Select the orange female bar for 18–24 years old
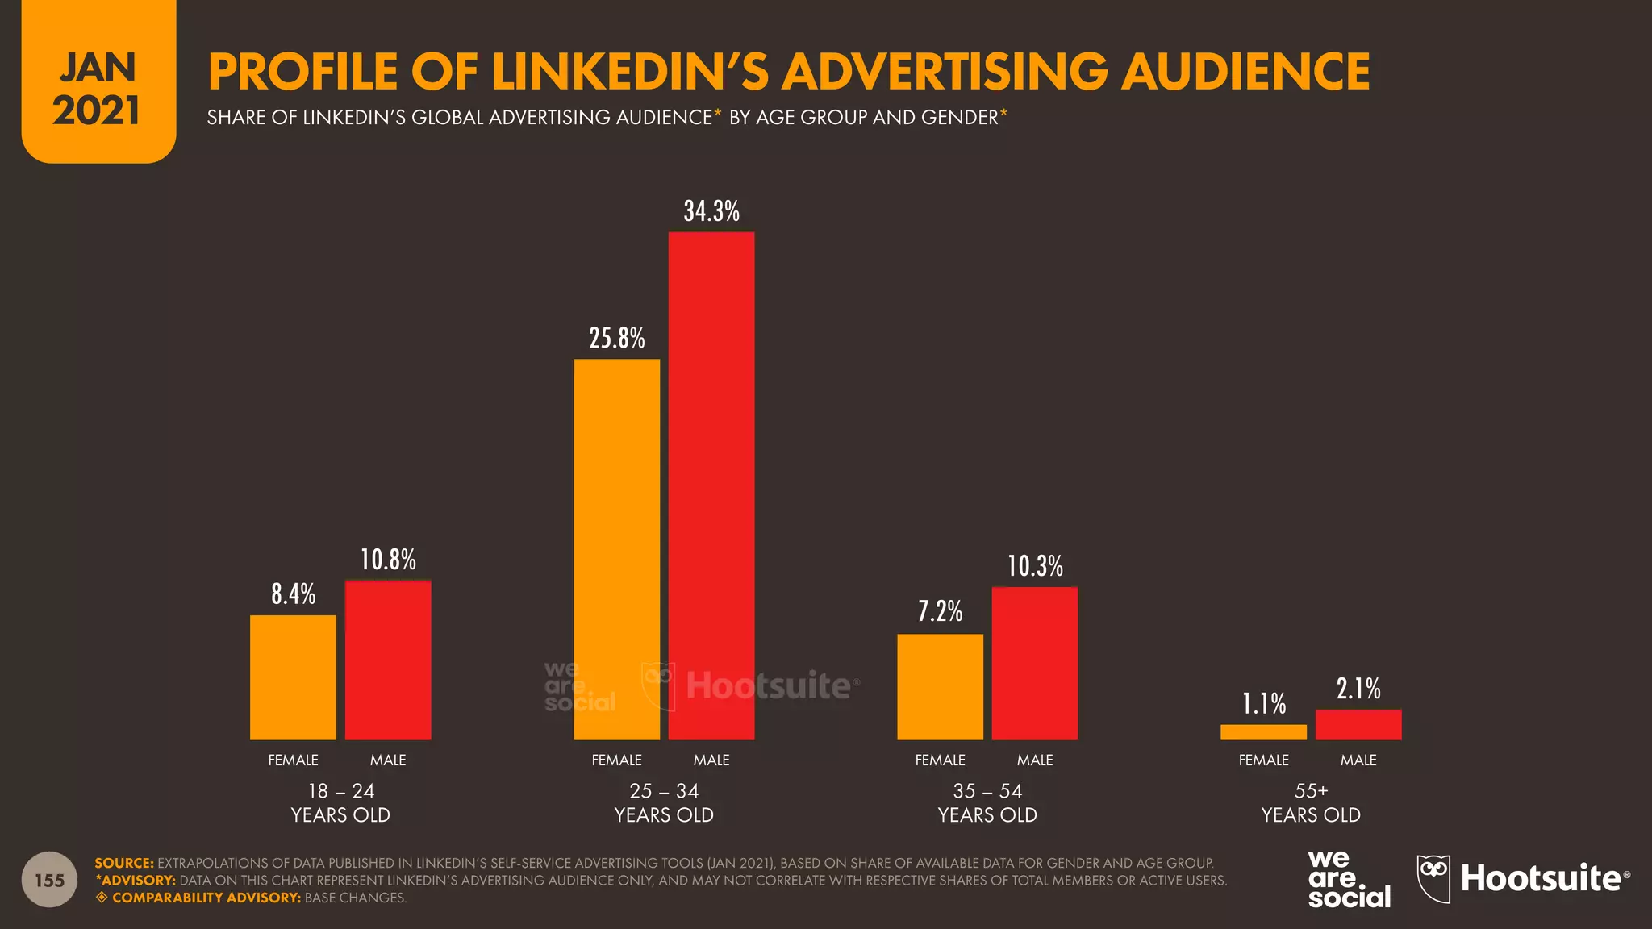(293, 677)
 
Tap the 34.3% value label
(711, 211)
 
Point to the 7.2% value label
(940, 611)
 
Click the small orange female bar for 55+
(1263, 732)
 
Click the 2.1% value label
(1358, 689)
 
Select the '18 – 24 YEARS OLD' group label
(340, 802)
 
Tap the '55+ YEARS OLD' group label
(1311, 802)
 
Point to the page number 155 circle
(49, 880)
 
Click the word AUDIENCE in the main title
(1245, 71)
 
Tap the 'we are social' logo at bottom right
(1348, 879)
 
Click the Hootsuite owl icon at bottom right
(1433, 878)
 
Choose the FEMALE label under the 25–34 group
(616, 760)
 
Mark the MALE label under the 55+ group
(1358, 760)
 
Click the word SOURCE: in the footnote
(123, 863)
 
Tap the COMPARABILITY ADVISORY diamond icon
(102, 898)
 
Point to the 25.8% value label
(616, 338)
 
